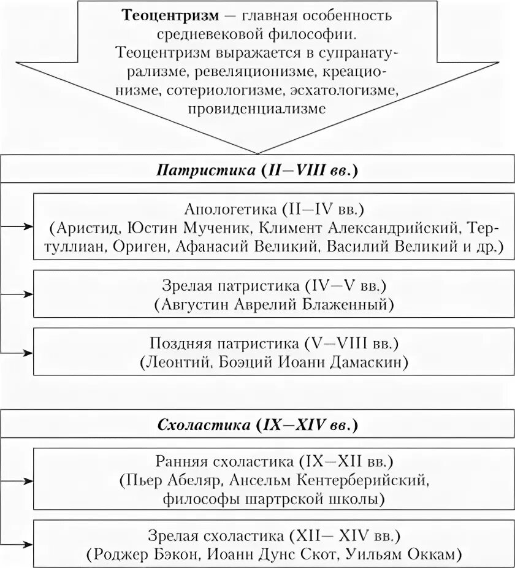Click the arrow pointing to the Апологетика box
[x=26, y=226]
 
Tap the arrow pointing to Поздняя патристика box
[x=26, y=353]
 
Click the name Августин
[x=196, y=304]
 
